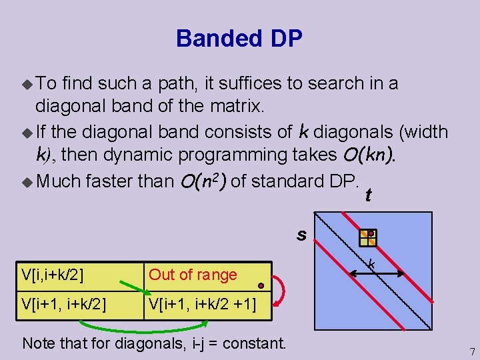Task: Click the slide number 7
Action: [472, 351]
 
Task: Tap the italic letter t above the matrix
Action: [368, 195]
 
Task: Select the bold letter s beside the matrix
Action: [302, 235]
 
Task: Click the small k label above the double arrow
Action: [371, 264]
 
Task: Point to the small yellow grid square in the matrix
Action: [368, 238]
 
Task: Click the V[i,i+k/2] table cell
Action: [57, 274]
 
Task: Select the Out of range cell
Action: [193, 274]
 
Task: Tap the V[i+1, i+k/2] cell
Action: [64, 305]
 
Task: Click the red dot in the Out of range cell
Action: [261, 285]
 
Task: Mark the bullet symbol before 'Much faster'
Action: [27, 181]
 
